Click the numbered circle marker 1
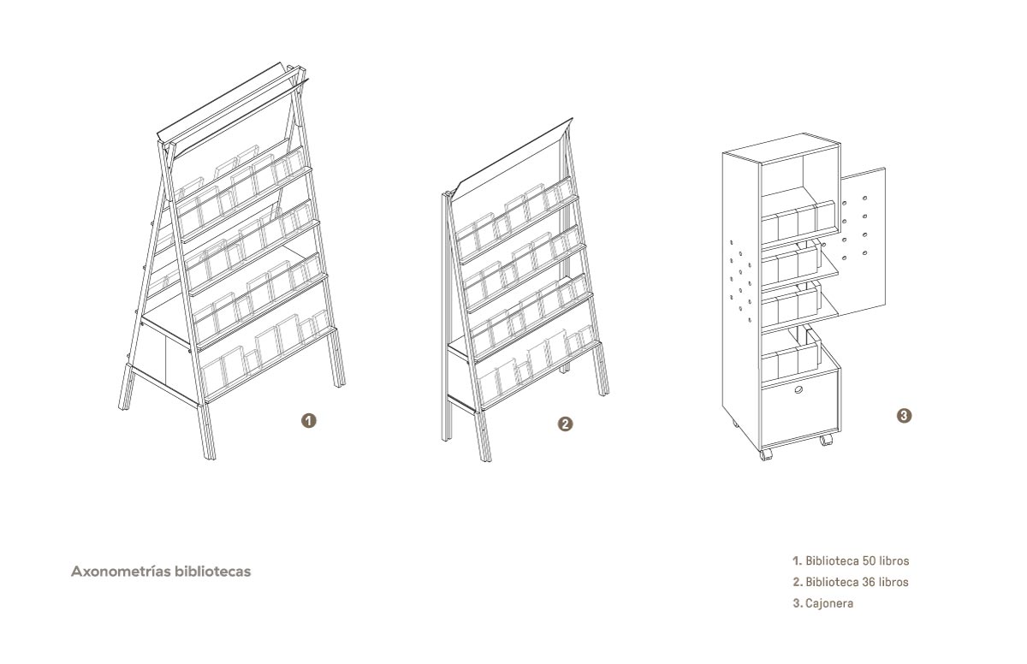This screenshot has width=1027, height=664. (x=309, y=421)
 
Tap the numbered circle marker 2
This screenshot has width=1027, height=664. (x=565, y=424)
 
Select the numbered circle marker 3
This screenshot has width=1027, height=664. (x=904, y=416)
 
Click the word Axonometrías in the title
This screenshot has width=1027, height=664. (x=121, y=572)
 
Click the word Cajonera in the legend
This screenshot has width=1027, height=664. (x=829, y=603)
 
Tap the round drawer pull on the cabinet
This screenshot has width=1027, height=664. (x=798, y=390)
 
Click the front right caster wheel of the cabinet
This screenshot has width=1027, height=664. (x=826, y=440)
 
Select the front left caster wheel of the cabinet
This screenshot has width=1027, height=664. (x=766, y=454)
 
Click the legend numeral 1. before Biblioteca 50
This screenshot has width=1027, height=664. (x=798, y=560)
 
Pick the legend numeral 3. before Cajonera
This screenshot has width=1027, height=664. (x=798, y=603)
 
